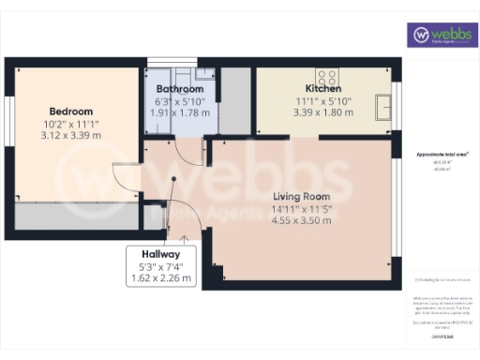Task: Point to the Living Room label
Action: coord(300,195)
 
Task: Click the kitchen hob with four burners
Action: coord(327,77)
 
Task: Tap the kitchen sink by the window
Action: coord(383,108)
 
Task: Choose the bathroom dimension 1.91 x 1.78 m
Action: coord(181,112)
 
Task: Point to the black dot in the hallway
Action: coord(173,181)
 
